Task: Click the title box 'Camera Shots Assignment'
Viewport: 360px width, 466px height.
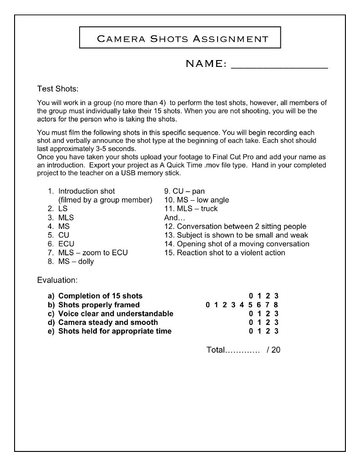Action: tap(180, 37)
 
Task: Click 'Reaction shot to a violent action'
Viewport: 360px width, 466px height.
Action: tap(231, 253)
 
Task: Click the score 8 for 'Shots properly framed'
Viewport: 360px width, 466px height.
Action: tap(276, 305)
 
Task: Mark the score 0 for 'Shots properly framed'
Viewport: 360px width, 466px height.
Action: tap(208, 305)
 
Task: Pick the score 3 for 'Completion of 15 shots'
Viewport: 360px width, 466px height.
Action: tap(276, 296)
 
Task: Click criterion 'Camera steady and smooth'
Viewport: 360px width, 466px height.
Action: tap(108, 322)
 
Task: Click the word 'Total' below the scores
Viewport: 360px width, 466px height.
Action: tap(216, 350)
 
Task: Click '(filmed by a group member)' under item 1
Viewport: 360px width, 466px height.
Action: tap(105, 200)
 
